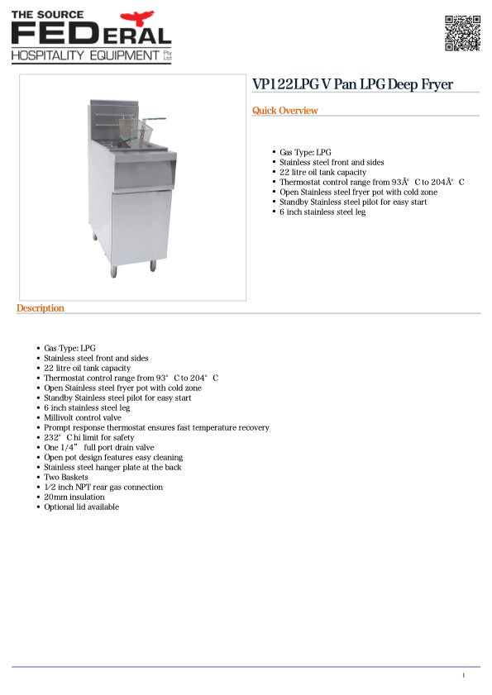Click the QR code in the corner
pyautogui.click(x=462, y=33)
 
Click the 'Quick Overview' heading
pyautogui.click(x=284, y=111)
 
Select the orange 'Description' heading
pyautogui.click(x=40, y=308)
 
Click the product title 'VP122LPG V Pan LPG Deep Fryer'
pyautogui.click(x=352, y=84)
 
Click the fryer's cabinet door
pyautogui.click(x=141, y=226)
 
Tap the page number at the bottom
pyautogui.click(x=464, y=675)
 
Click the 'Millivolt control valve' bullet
pyautogui.click(x=83, y=417)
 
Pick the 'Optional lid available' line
pyautogui.click(x=81, y=507)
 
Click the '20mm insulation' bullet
pyautogui.click(x=74, y=497)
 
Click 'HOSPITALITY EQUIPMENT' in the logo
pyautogui.click(x=84, y=55)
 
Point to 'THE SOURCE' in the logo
pyautogui.click(x=48, y=14)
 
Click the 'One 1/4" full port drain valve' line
pyautogui.click(x=98, y=447)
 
